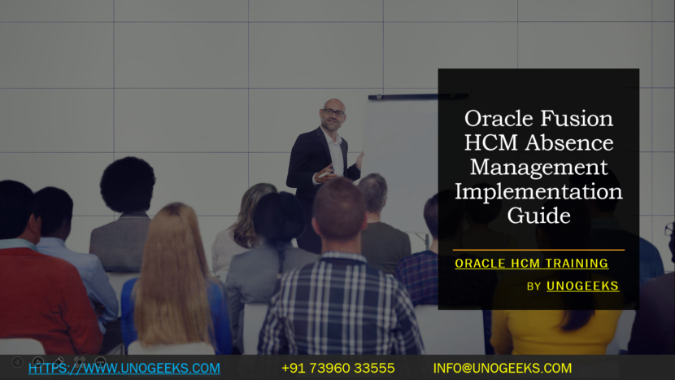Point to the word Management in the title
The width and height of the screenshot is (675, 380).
539,168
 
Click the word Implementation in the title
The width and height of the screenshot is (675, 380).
539,192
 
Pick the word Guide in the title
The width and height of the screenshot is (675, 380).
538,216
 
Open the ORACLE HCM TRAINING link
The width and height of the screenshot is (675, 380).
531,264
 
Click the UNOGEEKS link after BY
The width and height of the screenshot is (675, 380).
582,286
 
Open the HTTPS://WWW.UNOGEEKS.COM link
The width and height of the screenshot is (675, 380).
124,369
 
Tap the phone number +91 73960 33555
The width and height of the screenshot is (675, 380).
337,369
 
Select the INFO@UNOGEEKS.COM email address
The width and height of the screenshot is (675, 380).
502,369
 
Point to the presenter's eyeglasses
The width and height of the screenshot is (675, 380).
333,112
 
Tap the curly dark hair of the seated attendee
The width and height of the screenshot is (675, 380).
128,183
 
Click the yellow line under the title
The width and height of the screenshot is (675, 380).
538,250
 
